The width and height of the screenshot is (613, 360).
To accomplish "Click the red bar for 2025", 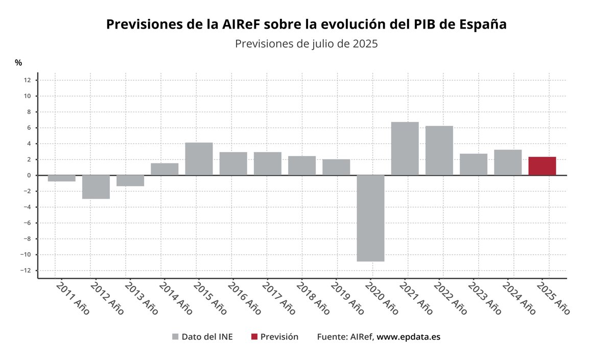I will (542, 166).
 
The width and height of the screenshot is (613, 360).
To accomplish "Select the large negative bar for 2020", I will (370, 218).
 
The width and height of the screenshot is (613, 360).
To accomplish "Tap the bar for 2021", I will (405, 149).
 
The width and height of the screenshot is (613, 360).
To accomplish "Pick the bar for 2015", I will (199, 159).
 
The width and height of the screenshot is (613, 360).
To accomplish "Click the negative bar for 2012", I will (96, 187).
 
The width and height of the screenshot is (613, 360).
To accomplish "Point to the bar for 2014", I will (164, 169).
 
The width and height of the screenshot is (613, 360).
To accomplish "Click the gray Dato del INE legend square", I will (175, 337).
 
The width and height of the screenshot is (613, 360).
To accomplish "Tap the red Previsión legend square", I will (254, 337).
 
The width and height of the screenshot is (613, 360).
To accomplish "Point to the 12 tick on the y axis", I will (27, 80).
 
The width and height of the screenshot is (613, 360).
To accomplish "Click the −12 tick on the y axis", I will (25, 271).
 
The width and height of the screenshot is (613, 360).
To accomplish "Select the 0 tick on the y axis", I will (29, 175).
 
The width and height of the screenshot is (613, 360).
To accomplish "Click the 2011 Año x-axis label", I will (72, 297).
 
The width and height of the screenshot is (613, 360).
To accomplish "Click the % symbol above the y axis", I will (18, 63).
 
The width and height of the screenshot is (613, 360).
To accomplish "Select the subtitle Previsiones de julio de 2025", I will (306, 44).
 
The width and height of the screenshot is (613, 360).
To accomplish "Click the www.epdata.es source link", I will (408, 337).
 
